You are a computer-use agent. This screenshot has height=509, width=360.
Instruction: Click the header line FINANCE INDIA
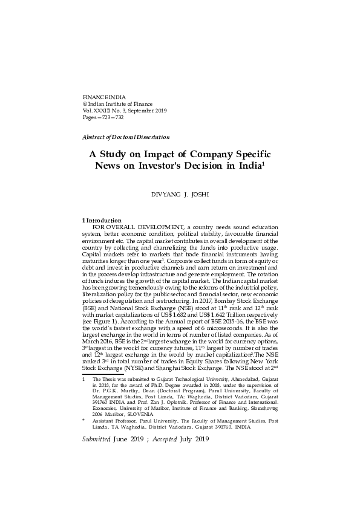pos(101,97)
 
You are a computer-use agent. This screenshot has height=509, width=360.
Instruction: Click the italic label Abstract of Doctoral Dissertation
pos(125,137)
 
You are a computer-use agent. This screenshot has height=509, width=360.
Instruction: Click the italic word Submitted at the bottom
pos(96,439)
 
